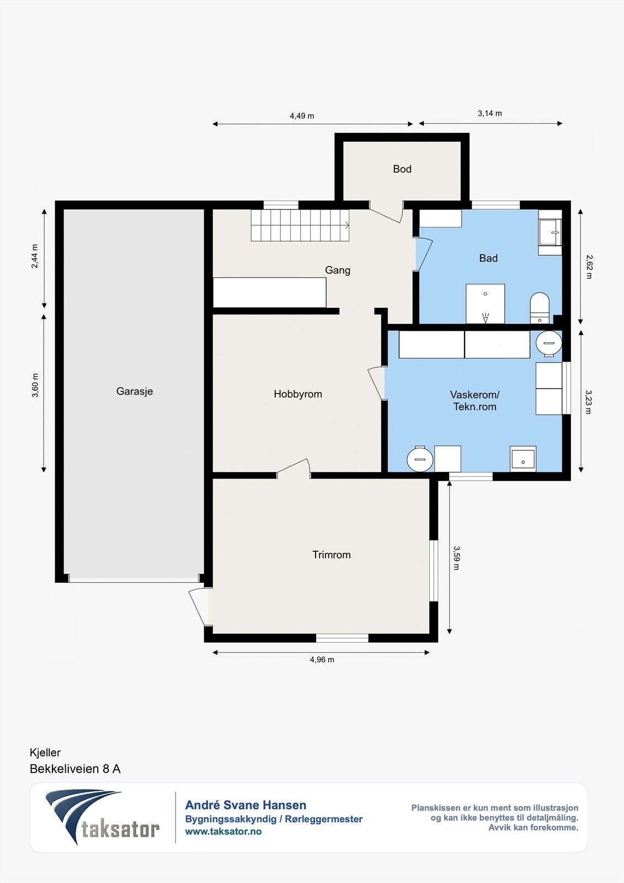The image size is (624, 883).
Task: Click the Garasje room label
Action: click(x=135, y=391)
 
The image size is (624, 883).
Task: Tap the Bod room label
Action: click(x=402, y=169)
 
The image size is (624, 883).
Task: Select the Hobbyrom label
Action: click(x=298, y=394)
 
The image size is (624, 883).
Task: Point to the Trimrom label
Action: click(x=332, y=555)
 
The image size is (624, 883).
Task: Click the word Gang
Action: click(x=338, y=270)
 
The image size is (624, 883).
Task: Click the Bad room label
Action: click(x=488, y=258)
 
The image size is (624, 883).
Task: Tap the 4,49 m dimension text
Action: click(x=302, y=116)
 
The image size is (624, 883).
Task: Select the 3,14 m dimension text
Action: click(x=490, y=114)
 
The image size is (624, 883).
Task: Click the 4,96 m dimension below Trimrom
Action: click(x=322, y=660)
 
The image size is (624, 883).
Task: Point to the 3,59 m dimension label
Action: click(x=456, y=558)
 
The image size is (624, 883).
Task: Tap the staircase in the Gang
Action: click(x=300, y=225)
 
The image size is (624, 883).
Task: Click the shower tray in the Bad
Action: click(x=486, y=304)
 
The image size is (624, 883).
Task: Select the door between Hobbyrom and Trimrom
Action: click(x=294, y=469)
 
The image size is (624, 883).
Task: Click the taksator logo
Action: click(x=103, y=818)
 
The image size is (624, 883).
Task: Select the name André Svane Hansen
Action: click(x=246, y=805)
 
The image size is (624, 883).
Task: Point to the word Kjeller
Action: click(x=45, y=753)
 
